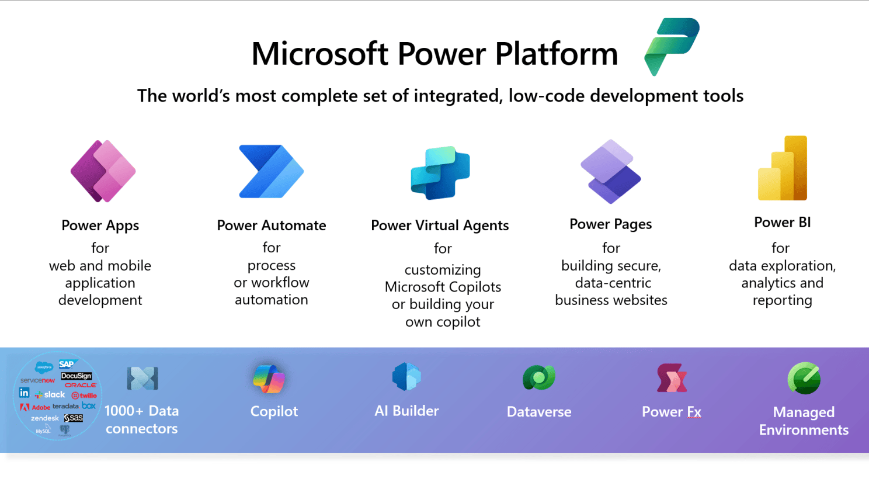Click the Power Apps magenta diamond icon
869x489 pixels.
coord(103,171)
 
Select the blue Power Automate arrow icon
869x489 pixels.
coord(270,172)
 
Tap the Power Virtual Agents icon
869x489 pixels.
coord(440,173)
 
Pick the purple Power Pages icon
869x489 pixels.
coord(610,172)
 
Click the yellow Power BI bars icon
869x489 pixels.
coord(783,169)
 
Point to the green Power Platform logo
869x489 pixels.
coord(672,46)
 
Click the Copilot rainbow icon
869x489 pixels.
coord(269,379)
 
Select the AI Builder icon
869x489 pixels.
coord(406,377)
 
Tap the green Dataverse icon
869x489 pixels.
coord(538,378)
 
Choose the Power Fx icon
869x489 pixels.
coord(672,378)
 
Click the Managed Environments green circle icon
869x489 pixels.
coord(804,379)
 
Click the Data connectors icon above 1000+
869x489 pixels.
coord(142,379)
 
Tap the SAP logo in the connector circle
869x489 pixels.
coord(67,365)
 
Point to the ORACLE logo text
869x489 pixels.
coord(81,386)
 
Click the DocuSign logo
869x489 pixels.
coord(77,376)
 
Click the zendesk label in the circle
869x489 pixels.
coord(45,418)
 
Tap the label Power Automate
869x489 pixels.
coord(272,226)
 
